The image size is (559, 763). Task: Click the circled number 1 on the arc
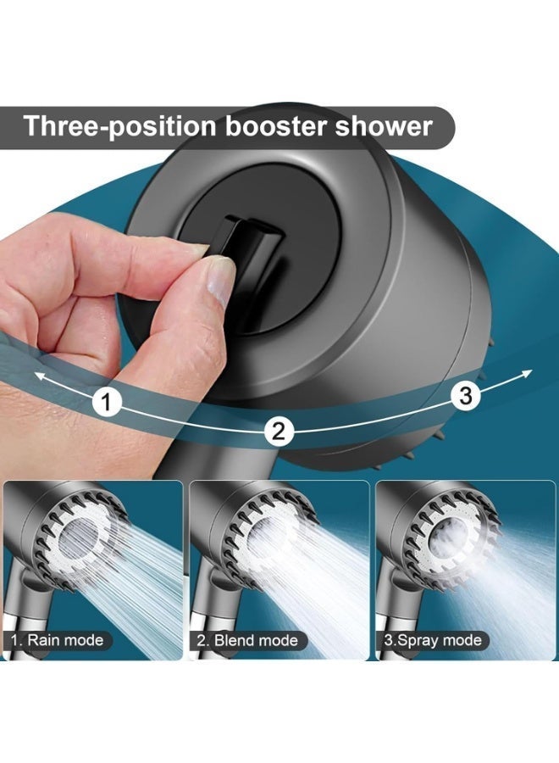[106, 401]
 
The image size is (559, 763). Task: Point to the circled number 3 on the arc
[464, 394]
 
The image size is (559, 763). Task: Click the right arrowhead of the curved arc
[527, 372]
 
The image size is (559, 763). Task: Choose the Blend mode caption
[246, 640]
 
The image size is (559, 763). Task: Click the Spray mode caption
[432, 640]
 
